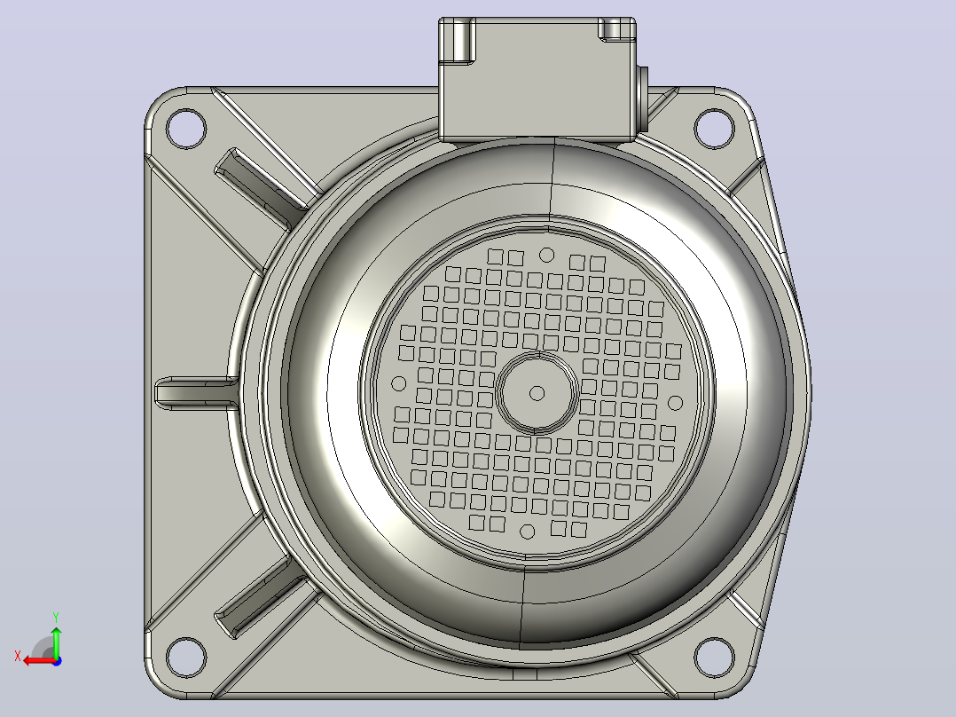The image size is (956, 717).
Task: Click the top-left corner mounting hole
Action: (186, 129)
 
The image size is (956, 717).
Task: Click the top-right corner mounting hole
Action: (714, 128)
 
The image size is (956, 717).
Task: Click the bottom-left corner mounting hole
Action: (186, 658)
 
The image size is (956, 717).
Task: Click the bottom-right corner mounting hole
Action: (714, 658)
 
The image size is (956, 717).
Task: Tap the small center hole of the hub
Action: (537, 393)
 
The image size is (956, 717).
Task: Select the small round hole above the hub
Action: (547, 255)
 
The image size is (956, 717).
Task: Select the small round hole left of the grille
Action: (399, 384)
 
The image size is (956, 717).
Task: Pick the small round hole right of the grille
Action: (675, 403)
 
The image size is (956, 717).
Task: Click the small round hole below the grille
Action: (528, 532)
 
